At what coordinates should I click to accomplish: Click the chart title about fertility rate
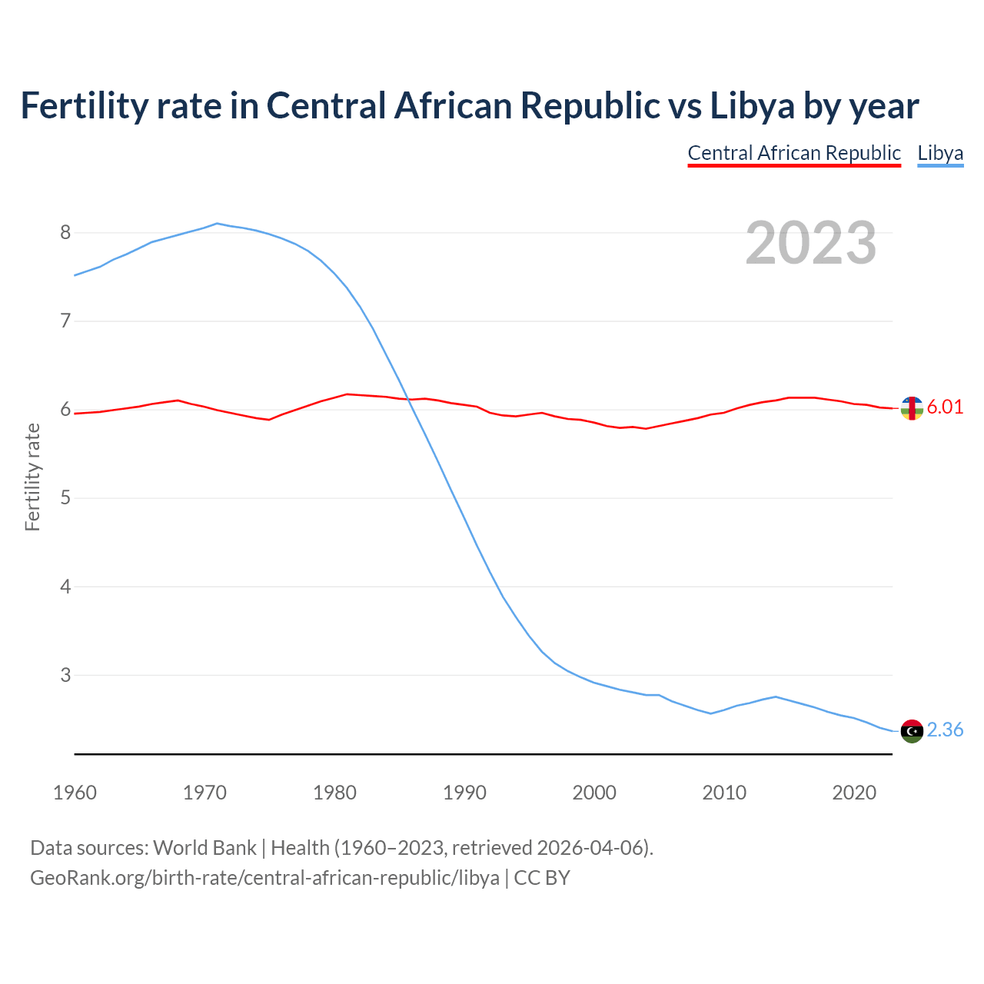[469, 105]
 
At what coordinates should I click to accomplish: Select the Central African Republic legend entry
[793, 153]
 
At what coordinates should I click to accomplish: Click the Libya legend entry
[940, 153]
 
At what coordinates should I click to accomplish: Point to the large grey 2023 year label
[811, 243]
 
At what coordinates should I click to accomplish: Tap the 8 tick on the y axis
[65, 232]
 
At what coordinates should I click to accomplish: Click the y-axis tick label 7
[65, 321]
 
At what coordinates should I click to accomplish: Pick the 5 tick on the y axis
[65, 497]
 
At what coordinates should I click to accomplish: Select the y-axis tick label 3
[65, 675]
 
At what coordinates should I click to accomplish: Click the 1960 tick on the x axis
[75, 793]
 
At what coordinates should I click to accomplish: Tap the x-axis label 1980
[334, 793]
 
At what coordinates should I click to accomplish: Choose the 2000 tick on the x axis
[594, 793]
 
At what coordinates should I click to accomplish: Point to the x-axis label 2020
[854, 793]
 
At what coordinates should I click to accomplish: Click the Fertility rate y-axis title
[32, 477]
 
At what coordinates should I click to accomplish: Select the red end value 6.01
[945, 407]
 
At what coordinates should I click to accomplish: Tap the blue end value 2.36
[945, 730]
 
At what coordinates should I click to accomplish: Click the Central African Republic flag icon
[912, 408]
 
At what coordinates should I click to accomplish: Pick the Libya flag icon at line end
[912, 731]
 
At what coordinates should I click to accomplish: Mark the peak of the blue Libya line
[217, 224]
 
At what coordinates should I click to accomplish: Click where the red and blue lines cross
[407, 398]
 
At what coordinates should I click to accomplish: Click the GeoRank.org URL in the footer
[264, 877]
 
